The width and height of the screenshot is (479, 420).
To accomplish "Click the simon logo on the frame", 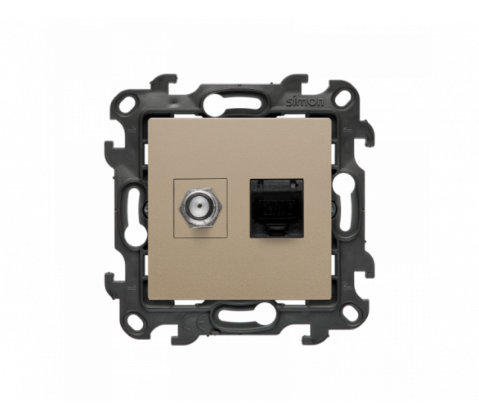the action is coord(305,102).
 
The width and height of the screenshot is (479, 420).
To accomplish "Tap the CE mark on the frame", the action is coord(191,320).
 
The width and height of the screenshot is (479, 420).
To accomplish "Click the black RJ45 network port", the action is coord(277,208).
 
